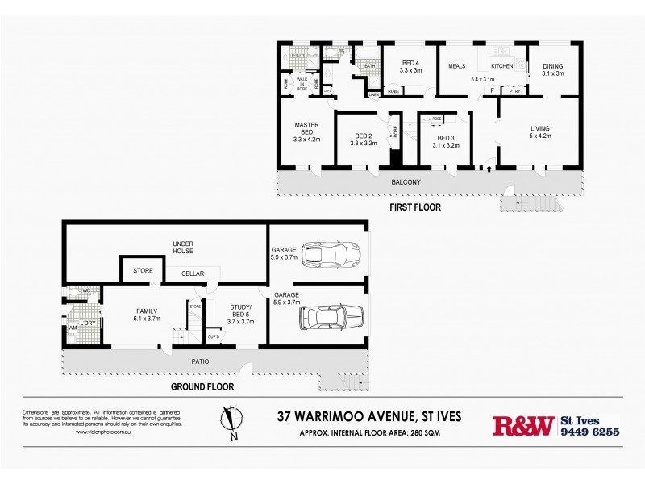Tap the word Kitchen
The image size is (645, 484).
[502, 66]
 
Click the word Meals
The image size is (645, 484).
[457, 66]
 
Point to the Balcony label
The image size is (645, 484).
[406, 182]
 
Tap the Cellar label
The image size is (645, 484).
[193, 274]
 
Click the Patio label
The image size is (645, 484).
[198, 361]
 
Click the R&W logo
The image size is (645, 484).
[523, 425]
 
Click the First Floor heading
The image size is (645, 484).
[416, 207]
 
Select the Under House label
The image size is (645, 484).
[182, 246]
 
